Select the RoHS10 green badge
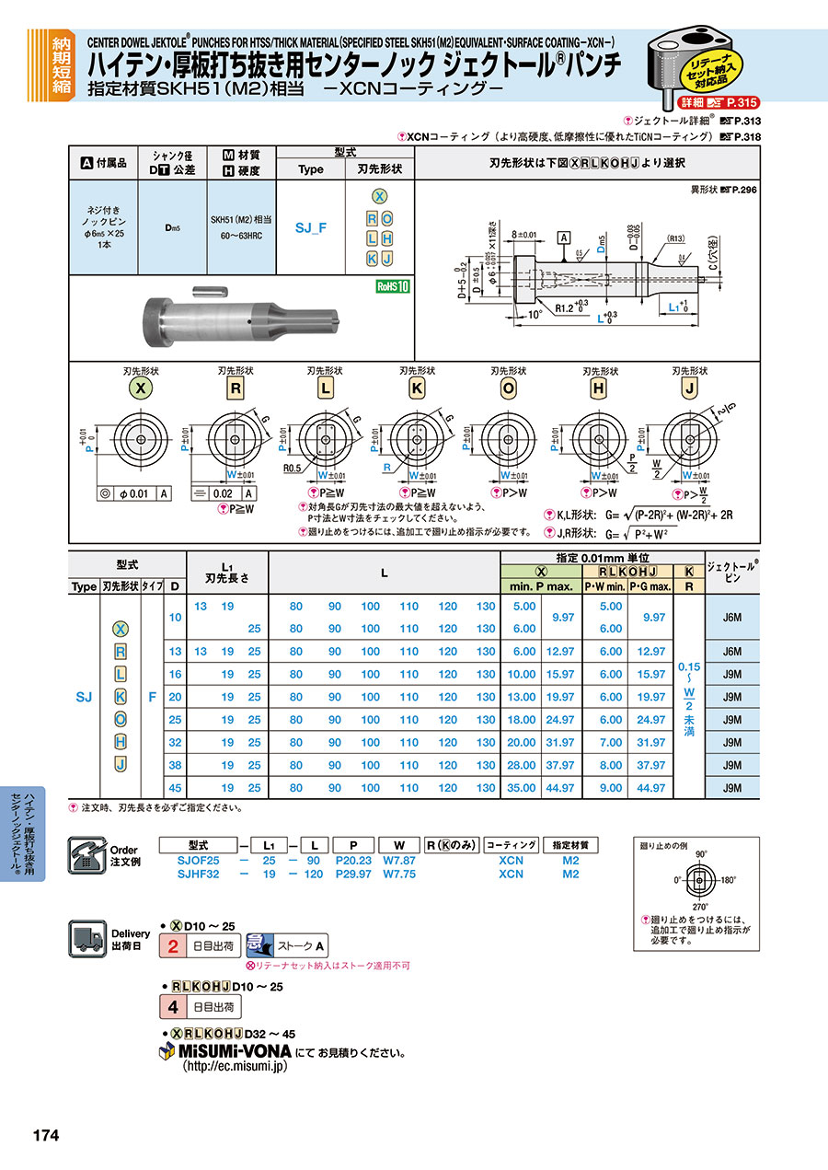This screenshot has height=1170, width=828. click(391, 286)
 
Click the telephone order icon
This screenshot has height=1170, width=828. click(86, 855)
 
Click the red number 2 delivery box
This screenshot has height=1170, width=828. click(174, 945)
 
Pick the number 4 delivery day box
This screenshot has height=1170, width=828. click(174, 1007)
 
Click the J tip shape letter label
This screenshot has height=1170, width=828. click(689, 388)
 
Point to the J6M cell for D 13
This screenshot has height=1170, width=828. click(732, 652)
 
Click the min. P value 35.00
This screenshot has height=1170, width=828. click(523, 788)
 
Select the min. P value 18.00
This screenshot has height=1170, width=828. click(523, 720)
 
